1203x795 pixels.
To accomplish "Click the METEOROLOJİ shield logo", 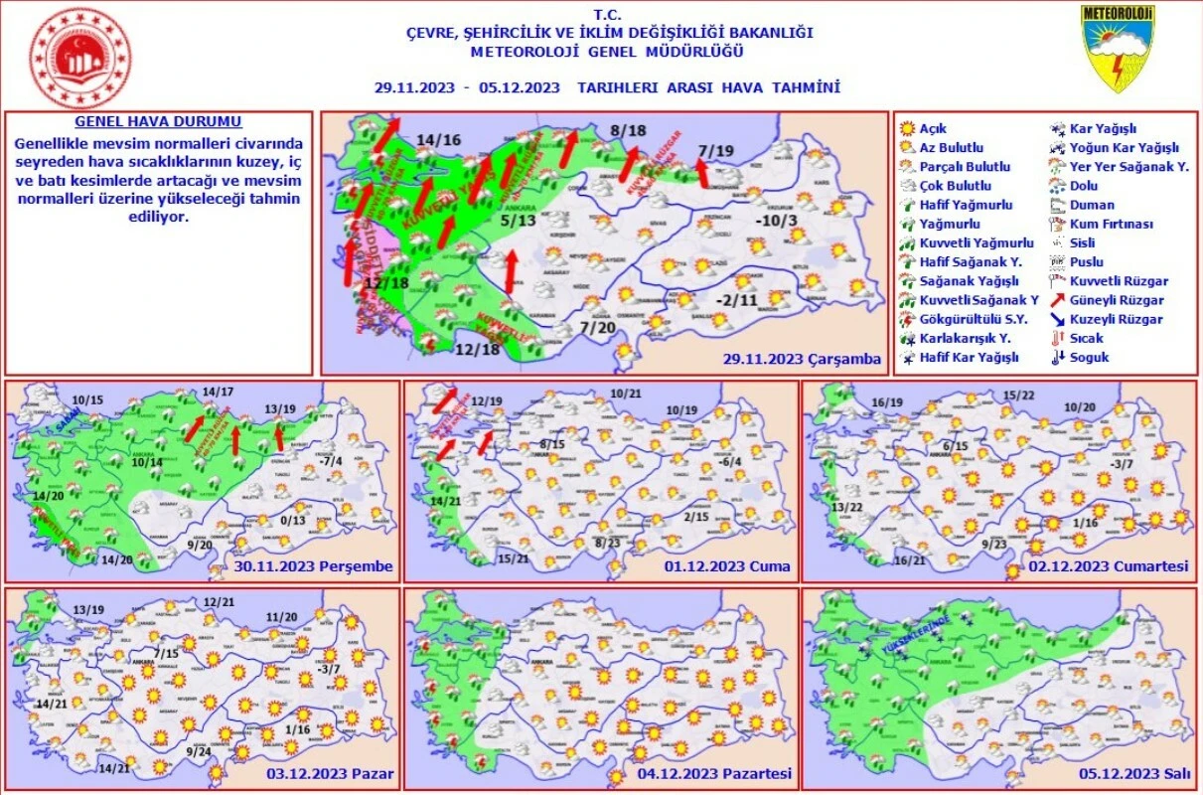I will [x=1119, y=48].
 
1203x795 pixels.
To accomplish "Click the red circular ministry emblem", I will [x=80, y=59].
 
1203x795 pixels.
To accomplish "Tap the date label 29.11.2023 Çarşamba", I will [x=803, y=359].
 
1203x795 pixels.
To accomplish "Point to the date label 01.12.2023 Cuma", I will [x=730, y=567].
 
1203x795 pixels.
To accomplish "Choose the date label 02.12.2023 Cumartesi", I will [x=1118, y=567].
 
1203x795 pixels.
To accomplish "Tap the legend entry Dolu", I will [x=1084, y=186].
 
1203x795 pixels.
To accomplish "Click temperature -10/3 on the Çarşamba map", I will [x=776, y=221].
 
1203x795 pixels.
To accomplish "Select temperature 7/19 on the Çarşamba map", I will [x=716, y=151].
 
